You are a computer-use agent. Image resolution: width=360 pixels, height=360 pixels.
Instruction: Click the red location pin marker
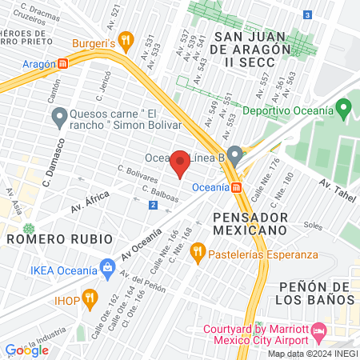pos(180,163)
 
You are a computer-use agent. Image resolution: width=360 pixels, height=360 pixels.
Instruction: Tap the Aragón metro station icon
pos(62,64)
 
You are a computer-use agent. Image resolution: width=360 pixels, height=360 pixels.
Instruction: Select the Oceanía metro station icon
pos(237,188)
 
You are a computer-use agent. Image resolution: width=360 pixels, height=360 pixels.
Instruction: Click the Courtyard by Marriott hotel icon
pos(318,330)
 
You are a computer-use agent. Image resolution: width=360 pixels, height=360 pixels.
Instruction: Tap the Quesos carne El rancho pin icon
pos(58,118)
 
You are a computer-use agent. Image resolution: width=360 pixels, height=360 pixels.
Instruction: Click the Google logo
pos(26,350)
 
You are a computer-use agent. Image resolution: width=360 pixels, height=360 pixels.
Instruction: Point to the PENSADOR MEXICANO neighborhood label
pos(250,223)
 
